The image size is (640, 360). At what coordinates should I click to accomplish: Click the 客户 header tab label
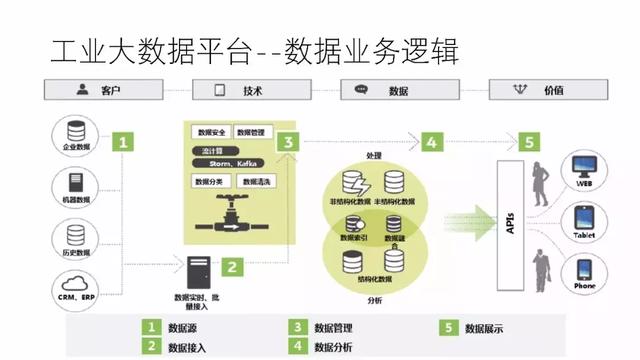point(110,91)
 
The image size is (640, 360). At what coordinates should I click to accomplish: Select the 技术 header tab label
point(252,91)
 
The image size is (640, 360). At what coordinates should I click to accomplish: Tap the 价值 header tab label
point(553,91)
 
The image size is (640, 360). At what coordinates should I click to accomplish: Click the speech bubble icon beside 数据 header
point(362,91)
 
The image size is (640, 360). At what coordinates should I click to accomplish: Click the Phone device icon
point(583,271)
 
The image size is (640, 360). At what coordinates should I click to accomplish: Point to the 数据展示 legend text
point(488,327)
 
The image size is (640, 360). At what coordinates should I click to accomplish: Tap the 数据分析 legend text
point(335,347)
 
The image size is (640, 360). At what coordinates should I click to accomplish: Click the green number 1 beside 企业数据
point(123,141)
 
